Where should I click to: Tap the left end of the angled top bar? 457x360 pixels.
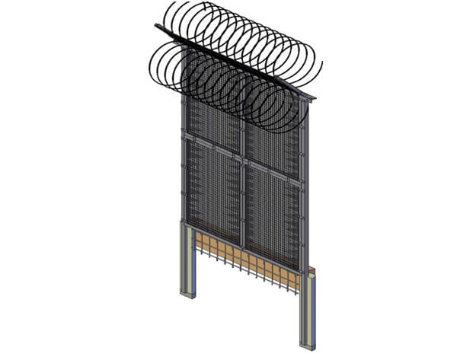pyautogui.click(x=158, y=28)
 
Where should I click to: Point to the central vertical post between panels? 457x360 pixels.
pyautogui.click(x=244, y=190)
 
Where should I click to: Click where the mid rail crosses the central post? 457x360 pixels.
pyautogui.click(x=244, y=161)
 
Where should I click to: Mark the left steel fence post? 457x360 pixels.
pyautogui.click(x=184, y=160)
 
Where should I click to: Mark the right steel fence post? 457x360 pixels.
pyautogui.click(x=304, y=190)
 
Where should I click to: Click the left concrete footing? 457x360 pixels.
pyautogui.click(x=186, y=259)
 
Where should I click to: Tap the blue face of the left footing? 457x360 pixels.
pyautogui.click(x=192, y=263)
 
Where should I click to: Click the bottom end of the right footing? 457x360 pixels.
pyautogui.click(x=307, y=346)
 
